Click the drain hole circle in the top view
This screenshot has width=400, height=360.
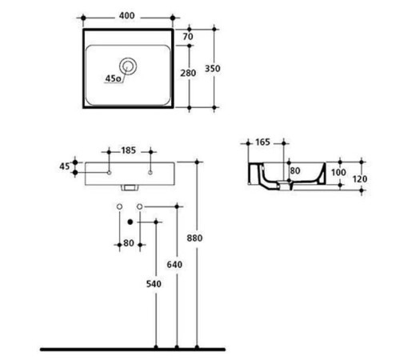click(128, 66)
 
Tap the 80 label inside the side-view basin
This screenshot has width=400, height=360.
click(294, 170)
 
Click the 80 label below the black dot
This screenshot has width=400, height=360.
click(129, 245)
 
